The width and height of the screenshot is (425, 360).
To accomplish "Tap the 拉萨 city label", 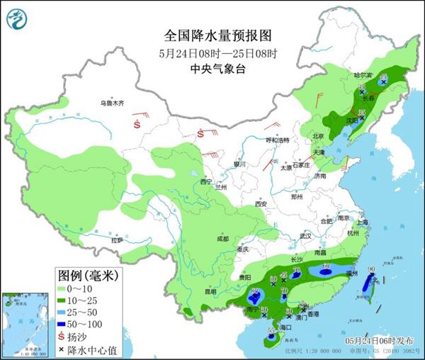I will point(115,240).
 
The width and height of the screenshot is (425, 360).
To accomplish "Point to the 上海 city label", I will point(363,222).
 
